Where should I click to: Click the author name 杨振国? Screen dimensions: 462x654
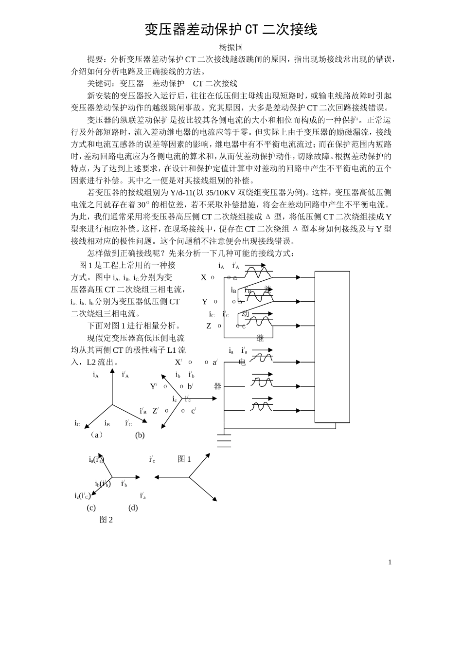click(231, 47)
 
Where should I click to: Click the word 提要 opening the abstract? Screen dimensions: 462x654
click(95, 59)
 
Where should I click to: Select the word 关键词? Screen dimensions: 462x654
click(99, 84)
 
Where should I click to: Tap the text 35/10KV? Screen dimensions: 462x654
click(221, 193)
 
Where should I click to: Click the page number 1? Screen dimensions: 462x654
click(390, 563)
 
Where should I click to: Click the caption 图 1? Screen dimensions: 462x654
click(184, 459)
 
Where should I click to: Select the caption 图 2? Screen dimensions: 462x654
click(106, 520)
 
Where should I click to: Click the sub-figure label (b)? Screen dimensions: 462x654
click(140, 436)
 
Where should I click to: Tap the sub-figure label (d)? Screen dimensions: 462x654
click(133, 508)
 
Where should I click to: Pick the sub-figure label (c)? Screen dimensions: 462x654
click(91, 508)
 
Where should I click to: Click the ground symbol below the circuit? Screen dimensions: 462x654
click(224, 441)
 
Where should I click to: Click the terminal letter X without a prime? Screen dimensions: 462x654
click(203, 278)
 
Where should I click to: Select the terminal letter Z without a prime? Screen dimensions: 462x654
click(209, 326)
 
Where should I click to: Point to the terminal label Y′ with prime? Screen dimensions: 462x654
click(154, 386)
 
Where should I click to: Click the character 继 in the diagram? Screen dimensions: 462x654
click(260, 338)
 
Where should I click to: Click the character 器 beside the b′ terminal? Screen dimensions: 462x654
click(217, 386)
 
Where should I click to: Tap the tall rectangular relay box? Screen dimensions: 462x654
click(332, 347)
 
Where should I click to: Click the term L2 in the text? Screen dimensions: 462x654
click(91, 363)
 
